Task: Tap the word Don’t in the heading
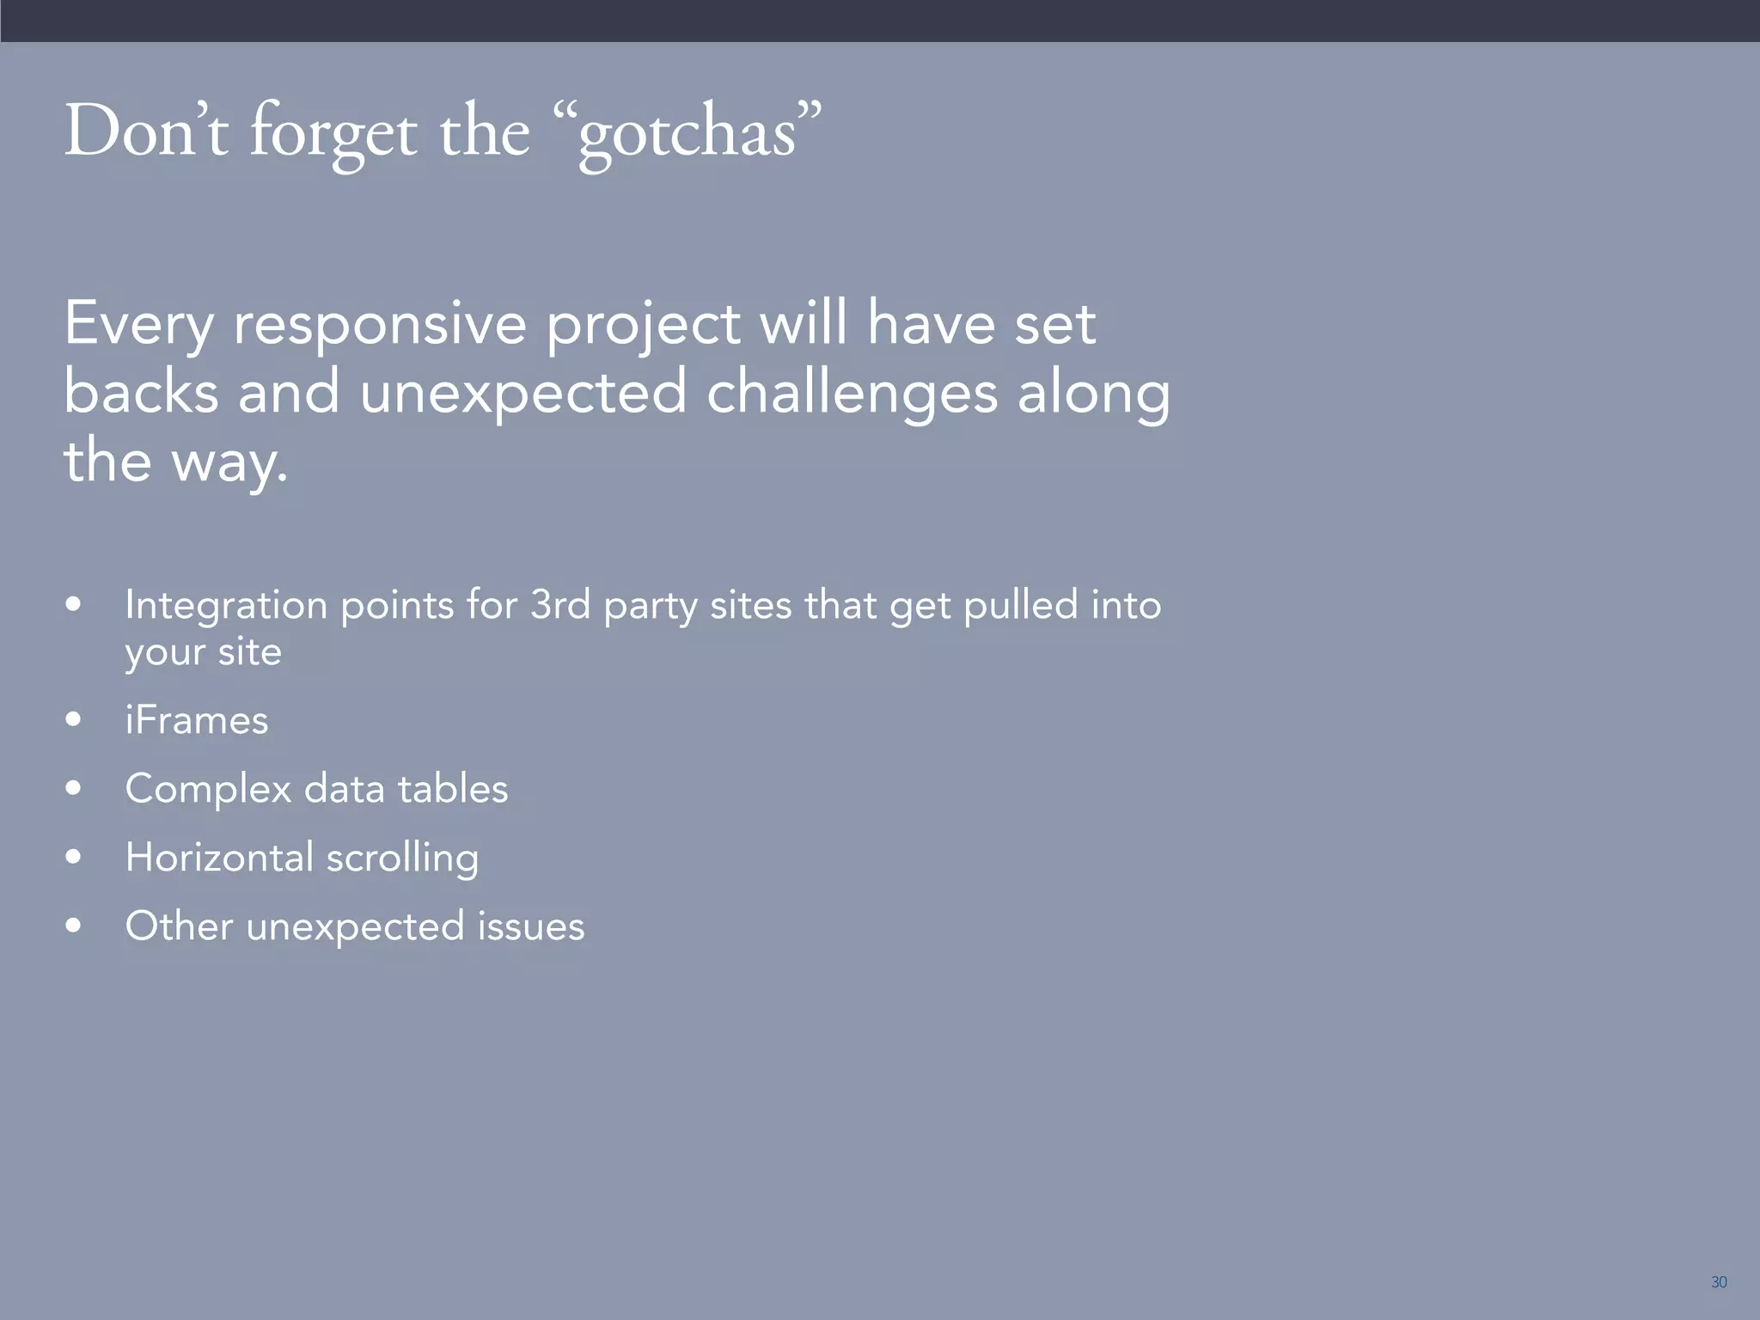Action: tap(146, 131)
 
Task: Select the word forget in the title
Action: tap(333, 134)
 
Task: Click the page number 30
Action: tap(1718, 1282)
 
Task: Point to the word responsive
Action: tap(380, 325)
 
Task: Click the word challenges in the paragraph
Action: tap(852, 394)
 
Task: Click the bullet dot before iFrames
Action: tap(74, 718)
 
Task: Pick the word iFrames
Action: tap(197, 720)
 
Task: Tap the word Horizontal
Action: tap(220, 857)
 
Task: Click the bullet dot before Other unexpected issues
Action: tap(74, 925)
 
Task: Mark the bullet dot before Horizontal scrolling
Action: tap(74, 856)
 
